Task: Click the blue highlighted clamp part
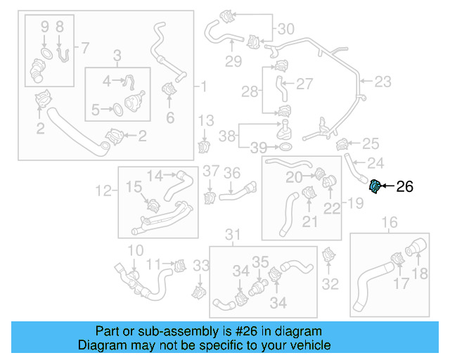coord(376,186)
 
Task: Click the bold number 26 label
coord(405,186)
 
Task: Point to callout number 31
coord(233,234)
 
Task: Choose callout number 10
coord(135,250)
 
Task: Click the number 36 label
coord(232,172)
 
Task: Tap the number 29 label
coord(233,61)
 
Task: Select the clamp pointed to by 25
coord(344,146)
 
